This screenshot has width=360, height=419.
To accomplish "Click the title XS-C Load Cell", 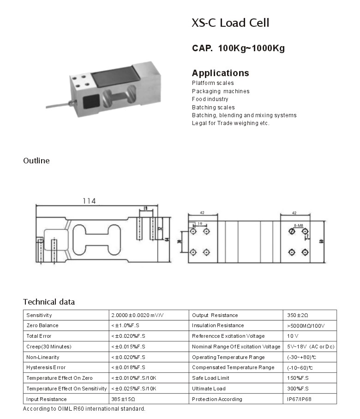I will point(230,23).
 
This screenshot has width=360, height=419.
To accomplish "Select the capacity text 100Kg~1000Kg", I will point(252,48).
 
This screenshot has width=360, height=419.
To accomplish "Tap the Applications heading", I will point(220,73).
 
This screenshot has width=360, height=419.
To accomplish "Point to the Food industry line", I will point(210,99).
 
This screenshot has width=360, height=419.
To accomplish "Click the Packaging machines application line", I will point(221,91).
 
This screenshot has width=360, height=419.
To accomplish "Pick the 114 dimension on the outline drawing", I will point(89,201).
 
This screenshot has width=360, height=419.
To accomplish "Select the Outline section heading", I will point(36,161).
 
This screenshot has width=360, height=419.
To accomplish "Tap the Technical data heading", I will point(49,302).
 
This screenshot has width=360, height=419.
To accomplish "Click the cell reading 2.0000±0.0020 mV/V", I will point(138,315).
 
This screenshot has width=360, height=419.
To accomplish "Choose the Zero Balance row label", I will point(42,326).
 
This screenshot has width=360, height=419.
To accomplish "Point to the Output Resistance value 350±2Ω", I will point(298,315).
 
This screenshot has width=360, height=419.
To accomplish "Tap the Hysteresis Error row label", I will point(46,368).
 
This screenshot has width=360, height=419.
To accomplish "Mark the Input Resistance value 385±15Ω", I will point(123,399).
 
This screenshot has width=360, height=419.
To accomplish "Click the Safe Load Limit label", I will point(210,378).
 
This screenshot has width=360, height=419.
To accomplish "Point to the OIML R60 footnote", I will point(84,409).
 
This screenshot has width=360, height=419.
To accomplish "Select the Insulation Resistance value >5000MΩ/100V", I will point(306,326).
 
